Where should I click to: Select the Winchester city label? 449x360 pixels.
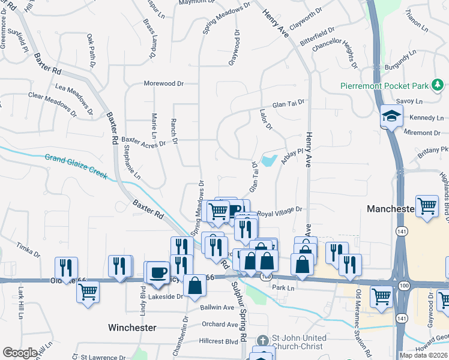pos(132,328)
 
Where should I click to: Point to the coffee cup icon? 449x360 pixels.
pos(159,272)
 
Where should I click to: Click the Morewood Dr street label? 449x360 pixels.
pos(163,83)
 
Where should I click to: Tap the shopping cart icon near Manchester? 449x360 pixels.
pos(426,206)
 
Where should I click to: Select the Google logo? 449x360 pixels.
pos(20,353)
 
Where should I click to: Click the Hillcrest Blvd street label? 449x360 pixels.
pos(218,341)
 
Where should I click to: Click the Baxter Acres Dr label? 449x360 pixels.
pos(143,142)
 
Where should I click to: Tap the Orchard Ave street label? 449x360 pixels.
pos(220,325)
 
